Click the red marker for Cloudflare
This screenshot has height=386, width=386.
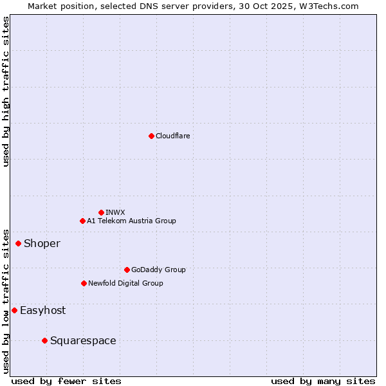151,136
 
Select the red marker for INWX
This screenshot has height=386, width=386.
101,212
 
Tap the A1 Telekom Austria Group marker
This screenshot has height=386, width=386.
82,221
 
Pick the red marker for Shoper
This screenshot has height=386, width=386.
18,243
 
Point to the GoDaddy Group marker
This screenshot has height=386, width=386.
127,270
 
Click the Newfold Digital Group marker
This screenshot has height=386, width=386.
84,283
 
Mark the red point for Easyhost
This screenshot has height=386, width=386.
14,310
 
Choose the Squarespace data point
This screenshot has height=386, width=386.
44,340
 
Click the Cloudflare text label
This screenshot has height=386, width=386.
172,136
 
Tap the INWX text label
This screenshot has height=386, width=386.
115,212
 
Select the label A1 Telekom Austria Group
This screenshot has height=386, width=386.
131,221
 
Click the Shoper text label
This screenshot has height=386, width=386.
42,243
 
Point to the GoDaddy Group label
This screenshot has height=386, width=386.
158,270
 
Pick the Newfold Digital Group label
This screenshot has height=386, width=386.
125,283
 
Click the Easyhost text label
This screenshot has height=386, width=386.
42,310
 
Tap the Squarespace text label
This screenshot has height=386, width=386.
83,340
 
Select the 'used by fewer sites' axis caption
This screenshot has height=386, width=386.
66,381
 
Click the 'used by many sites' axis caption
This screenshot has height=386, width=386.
323,381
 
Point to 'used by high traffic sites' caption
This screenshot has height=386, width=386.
6,91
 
